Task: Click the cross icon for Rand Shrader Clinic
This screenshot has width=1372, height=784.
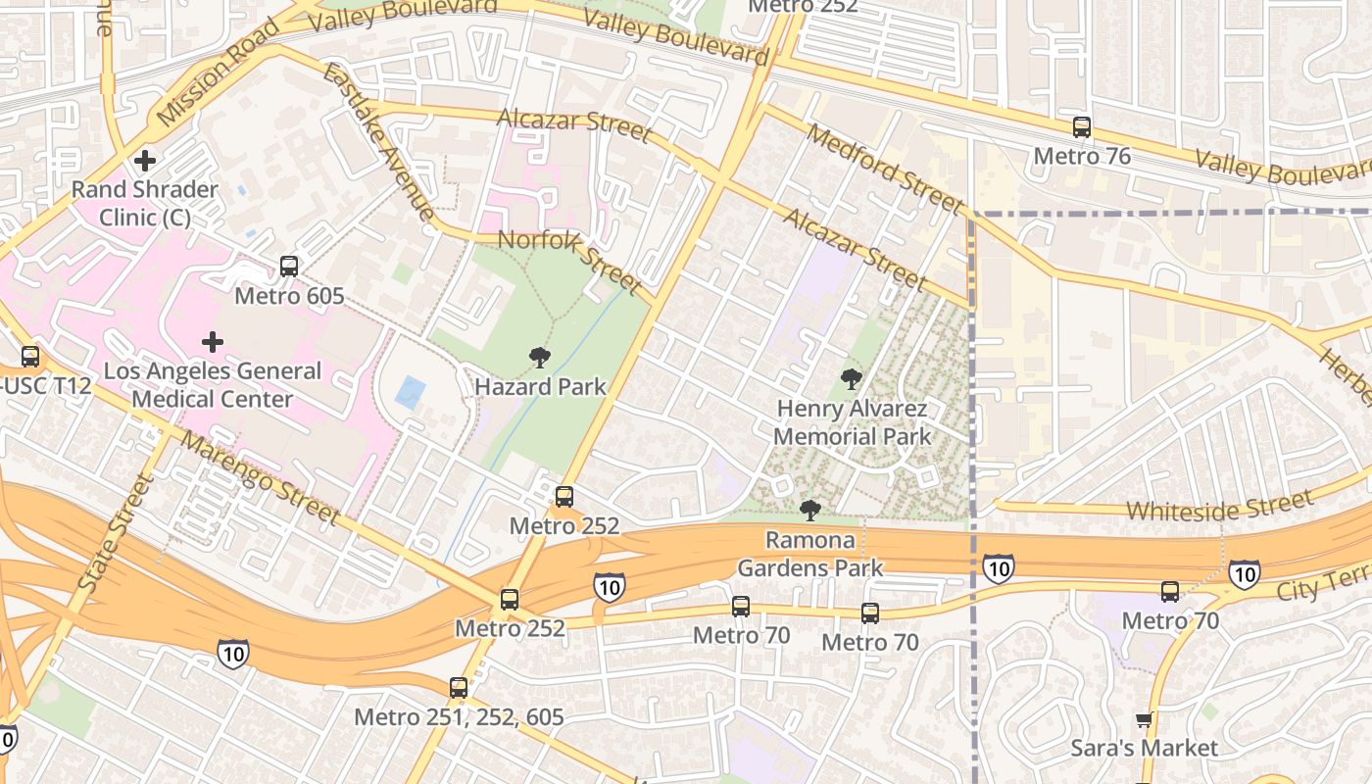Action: [x=145, y=160]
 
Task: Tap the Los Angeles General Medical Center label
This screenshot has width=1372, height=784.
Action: [x=212, y=385]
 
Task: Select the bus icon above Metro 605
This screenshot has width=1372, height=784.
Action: [x=289, y=266]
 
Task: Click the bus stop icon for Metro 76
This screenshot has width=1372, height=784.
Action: [x=1082, y=127]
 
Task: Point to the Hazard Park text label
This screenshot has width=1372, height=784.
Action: [x=540, y=387]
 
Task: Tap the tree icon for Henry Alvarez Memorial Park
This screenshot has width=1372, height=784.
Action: [x=852, y=378]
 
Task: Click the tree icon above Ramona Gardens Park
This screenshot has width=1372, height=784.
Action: [x=809, y=510]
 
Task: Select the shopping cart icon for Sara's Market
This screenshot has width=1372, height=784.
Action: [x=1143, y=721]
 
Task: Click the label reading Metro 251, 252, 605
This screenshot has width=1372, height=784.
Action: [x=459, y=717]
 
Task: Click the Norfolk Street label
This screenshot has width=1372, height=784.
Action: [x=569, y=261]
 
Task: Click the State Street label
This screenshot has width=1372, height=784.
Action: [x=116, y=533]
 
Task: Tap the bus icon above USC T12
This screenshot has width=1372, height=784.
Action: [x=30, y=357]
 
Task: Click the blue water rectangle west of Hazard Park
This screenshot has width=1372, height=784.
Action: [x=410, y=393]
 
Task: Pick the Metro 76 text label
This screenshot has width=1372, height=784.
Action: [x=1082, y=156]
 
